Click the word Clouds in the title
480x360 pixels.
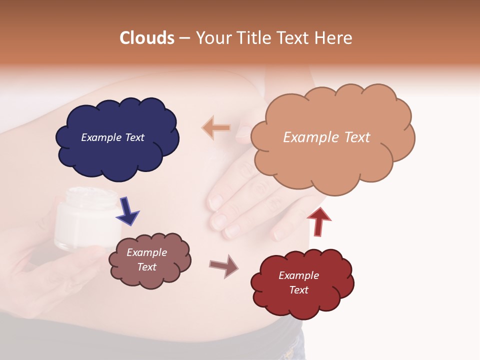point(147,38)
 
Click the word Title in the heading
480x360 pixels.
point(253,38)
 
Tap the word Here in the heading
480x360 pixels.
point(333,38)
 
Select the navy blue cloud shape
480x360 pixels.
point(117,150)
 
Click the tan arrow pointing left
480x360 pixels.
point(216,128)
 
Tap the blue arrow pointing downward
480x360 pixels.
point(127,210)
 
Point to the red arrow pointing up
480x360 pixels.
point(319,221)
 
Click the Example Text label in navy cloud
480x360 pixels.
point(112,137)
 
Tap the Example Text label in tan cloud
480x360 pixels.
point(326,137)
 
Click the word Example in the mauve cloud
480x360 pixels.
point(146,252)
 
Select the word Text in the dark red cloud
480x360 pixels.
point(298,290)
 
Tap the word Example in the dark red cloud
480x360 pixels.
point(298,275)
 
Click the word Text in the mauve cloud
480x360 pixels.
point(146,267)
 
